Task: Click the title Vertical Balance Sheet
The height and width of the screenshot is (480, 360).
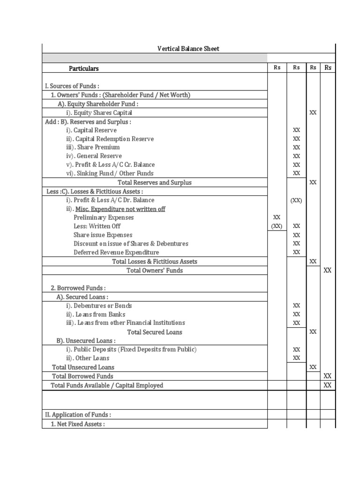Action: click(x=188, y=49)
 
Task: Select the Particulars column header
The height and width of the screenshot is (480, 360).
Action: click(x=84, y=68)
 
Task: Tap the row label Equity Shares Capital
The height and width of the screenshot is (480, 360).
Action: click(x=99, y=112)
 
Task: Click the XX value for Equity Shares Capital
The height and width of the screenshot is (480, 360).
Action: click(x=313, y=112)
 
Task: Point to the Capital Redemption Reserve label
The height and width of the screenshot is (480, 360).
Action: click(x=110, y=139)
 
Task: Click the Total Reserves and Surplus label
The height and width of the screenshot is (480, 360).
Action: click(x=154, y=182)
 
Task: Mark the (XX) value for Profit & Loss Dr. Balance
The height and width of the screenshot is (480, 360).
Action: click(x=296, y=200)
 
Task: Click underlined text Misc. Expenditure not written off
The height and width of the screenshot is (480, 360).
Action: click(x=120, y=209)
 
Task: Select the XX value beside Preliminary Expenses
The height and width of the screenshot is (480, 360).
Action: click(x=277, y=217)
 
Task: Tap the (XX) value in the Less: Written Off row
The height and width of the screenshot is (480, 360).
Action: click(x=277, y=226)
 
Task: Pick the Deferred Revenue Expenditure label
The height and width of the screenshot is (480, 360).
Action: click(x=116, y=252)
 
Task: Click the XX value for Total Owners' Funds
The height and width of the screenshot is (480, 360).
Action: click(x=328, y=270)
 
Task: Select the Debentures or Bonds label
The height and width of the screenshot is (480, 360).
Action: click(x=99, y=306)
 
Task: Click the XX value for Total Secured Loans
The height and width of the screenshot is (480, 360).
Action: click(x=313, y=332)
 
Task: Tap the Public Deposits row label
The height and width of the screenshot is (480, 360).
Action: click(x=131, y=349)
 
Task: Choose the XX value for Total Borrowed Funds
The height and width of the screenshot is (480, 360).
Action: click(x=328, y=376)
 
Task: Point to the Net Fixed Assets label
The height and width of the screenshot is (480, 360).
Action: click(x=78, y=424)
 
